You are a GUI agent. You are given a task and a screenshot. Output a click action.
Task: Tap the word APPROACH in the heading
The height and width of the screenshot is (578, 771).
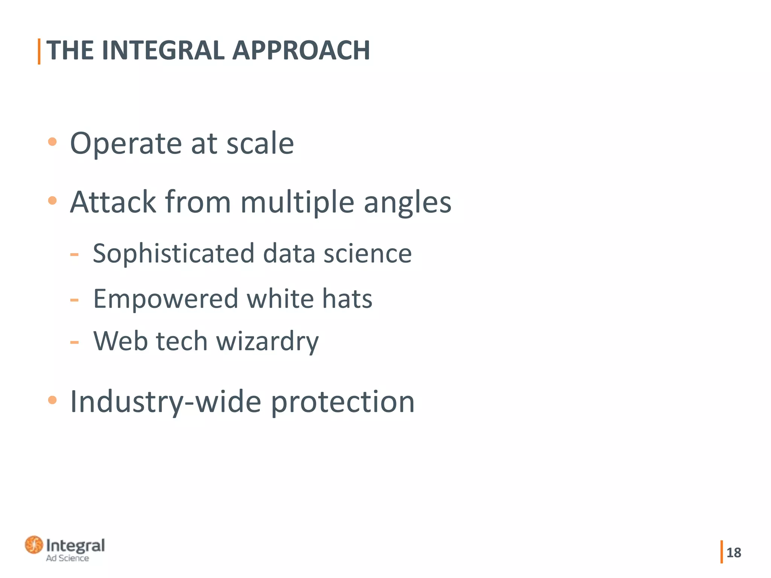301,50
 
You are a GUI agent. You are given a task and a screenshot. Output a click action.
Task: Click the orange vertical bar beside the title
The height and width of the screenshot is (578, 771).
39,51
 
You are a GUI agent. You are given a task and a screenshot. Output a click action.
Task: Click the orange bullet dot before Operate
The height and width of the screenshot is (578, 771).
52,142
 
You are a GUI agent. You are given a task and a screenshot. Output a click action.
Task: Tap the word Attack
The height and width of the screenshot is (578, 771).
113,202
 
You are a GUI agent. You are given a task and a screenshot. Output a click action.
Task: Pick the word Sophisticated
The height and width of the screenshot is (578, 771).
174,253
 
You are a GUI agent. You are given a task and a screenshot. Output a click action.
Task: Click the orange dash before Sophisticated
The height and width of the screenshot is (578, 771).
74,255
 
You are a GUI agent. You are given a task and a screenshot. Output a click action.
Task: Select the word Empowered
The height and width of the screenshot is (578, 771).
166,298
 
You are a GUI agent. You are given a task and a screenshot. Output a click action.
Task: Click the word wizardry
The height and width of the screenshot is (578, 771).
268,341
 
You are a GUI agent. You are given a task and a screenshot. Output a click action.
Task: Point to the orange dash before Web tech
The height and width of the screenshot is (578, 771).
74,342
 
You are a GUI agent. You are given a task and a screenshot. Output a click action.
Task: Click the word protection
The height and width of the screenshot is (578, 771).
343,402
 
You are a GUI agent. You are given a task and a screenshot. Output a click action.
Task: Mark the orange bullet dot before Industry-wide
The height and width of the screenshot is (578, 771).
52,400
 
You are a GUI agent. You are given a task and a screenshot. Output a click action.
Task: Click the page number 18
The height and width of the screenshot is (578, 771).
734,552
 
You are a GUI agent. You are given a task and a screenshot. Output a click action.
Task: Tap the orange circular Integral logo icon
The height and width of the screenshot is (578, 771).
34,545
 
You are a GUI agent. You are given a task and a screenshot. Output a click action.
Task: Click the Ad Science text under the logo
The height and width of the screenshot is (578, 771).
67,558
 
